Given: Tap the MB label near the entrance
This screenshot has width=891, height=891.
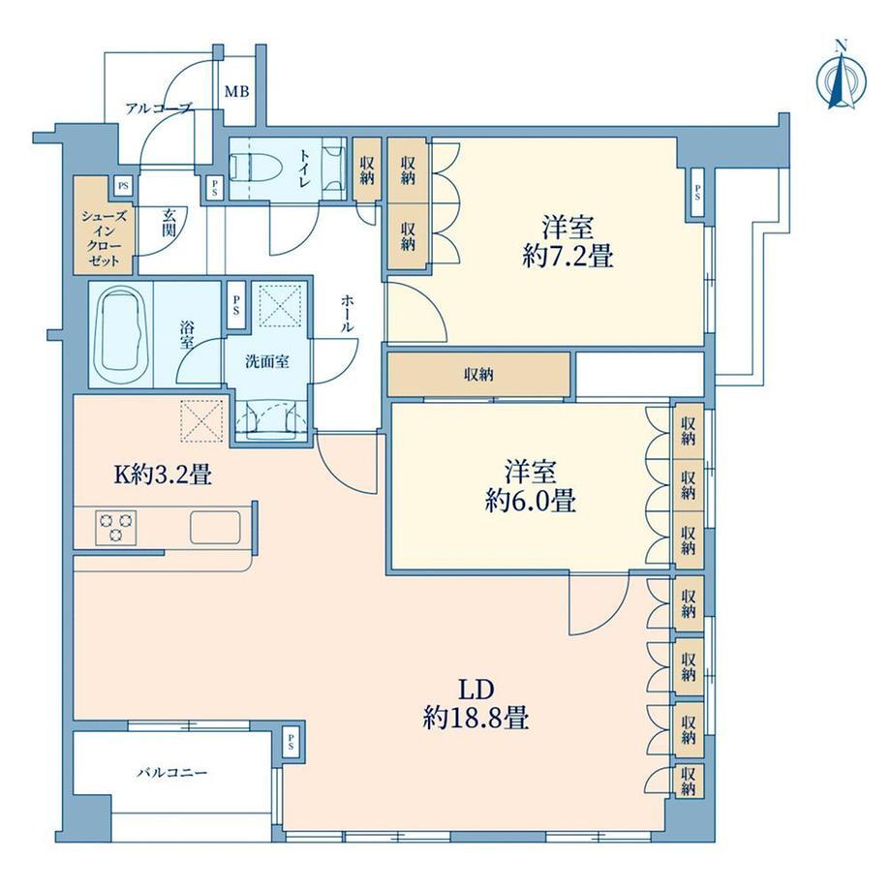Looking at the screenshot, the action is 236,91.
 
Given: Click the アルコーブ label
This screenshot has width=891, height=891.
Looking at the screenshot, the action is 159,108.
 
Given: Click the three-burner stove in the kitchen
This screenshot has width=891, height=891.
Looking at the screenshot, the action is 116,526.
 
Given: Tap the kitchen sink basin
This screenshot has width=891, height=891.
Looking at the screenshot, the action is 215,527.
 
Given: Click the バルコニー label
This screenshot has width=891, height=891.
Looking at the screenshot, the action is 172,773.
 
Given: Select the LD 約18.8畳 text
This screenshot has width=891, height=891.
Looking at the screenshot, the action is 476,705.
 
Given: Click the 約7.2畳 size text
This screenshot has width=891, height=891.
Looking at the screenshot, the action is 568,257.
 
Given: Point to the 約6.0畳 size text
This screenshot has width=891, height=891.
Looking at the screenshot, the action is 530,502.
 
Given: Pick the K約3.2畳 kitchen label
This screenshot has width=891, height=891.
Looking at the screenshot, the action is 163,475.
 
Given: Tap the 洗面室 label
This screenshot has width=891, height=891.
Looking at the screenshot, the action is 267,361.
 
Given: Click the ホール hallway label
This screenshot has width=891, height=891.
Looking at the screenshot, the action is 347,313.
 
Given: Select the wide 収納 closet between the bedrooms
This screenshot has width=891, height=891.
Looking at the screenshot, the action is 478,375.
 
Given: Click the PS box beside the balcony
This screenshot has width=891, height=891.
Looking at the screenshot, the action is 291,742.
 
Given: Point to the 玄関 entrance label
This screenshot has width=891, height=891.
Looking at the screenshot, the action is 169,223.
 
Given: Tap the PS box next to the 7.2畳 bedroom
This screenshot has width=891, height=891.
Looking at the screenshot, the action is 696,194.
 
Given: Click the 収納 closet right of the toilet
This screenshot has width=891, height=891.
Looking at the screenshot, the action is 366,169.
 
